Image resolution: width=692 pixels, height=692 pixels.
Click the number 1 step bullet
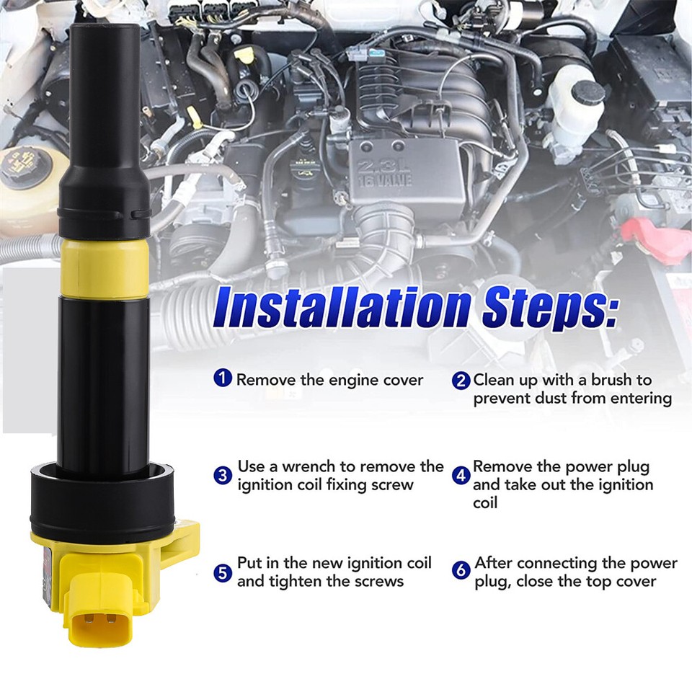(224, 378)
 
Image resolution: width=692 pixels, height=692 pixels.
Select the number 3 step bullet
(223, 476)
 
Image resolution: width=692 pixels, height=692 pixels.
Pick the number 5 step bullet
(223, 572)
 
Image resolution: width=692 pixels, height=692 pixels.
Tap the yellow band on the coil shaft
(105, 269)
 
